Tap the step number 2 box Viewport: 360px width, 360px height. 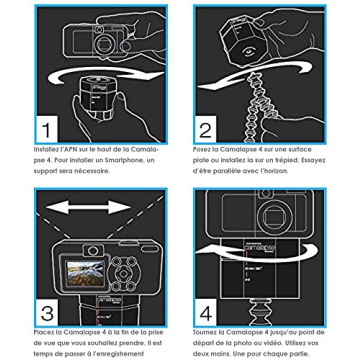click(x=206, y=130)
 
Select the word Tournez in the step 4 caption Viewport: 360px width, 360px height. click(x=206, y=331)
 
